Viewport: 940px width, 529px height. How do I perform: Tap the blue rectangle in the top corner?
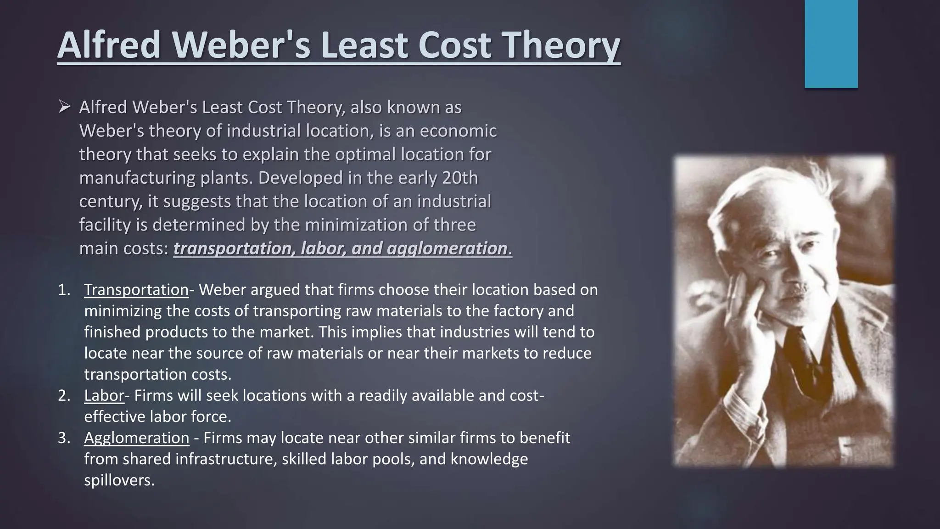pos(831,44)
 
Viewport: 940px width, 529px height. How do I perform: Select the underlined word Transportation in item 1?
pos(136,290)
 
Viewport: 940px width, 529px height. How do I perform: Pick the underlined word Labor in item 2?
pos(104,395)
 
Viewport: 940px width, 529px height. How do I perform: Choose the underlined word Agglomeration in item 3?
pos(136,438)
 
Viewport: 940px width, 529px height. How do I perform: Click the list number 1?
pos(64,290)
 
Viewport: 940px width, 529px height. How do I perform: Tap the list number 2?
pos(64,395)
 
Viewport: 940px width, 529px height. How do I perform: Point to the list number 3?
pos(64,438)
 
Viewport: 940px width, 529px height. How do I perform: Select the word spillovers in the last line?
pos(119,480)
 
